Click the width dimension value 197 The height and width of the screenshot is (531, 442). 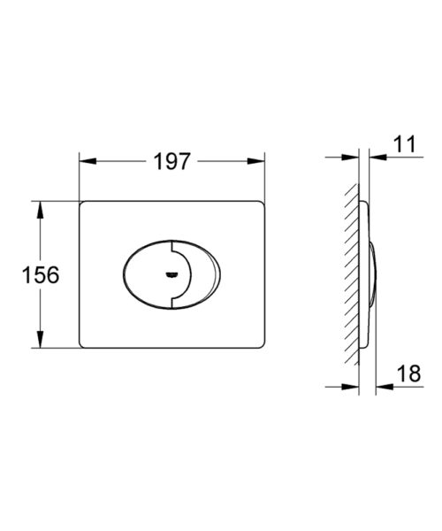pyautogui.click(x=171, y=161)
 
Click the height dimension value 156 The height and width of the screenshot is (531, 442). pyautogui.click(x=41, y=274)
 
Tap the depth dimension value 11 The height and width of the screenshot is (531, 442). pyautogui.click(x=405, y=144)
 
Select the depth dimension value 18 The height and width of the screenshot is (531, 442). pyautogui.click(x=409, y=373)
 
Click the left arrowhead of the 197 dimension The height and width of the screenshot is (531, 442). pyautogui.click(x=88, y=161)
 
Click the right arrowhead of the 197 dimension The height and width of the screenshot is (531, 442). pyautogui.click(x=256, y=161)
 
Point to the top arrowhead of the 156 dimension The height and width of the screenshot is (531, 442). pyautogui.click(x=41, y=210)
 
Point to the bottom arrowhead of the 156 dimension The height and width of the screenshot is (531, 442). pyautogui.click(x=41, y=339)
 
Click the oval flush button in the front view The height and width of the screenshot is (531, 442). pyautogui.click(x=171, y=274)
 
